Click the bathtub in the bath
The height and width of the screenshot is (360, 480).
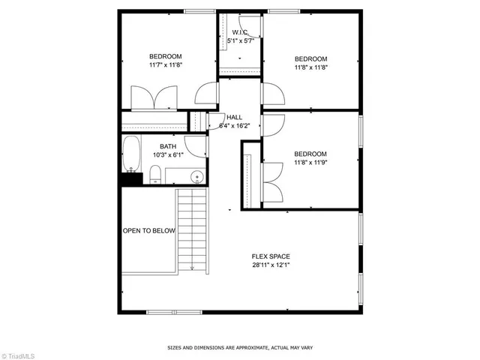click(x=132, y=153)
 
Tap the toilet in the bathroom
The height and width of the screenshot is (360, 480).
click(x=155, y=175)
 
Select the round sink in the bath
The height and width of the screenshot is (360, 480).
click(x=196, y=177)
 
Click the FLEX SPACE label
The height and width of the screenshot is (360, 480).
click(x=271, y=256)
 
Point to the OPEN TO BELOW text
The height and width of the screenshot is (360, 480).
click(x=148, y=231)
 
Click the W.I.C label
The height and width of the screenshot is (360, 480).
click(x=240, y=32)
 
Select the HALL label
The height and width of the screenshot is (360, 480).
click(x=234, y=117)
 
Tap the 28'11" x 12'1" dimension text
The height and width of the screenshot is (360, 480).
click(x=271, y=265)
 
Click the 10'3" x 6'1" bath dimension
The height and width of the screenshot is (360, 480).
click(x=168, y=155)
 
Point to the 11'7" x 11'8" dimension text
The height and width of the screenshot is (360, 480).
click(x=166, y=65)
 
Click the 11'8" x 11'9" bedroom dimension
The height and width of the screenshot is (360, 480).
click(x=310, y=161)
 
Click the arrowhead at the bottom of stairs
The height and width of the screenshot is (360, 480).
click(x=193, y=268)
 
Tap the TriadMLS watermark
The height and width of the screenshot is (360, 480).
click(x=19, y=354)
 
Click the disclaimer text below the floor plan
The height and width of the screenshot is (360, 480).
click(x=240, y=348)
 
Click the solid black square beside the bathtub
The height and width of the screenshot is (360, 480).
click(x=131, y=178)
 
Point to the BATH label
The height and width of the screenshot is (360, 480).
click(x=168, y=147)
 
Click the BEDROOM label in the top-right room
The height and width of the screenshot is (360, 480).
click(x=310, y=59)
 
